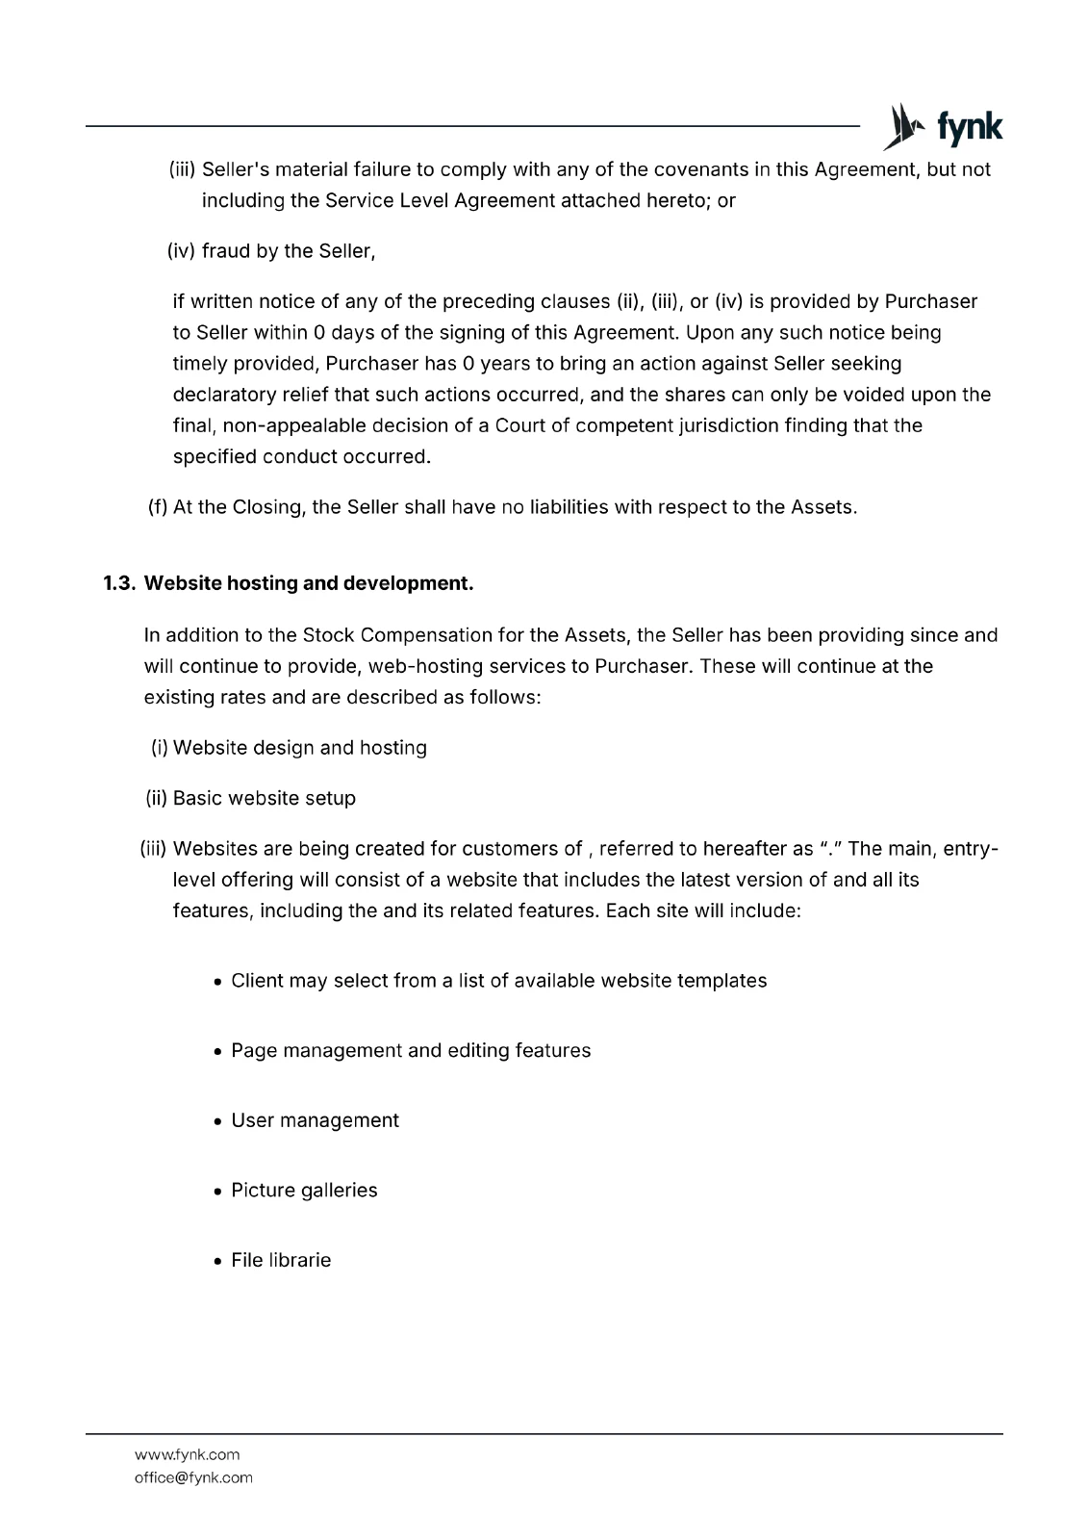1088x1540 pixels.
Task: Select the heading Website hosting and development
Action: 308,583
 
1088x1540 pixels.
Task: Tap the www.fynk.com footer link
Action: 187,1454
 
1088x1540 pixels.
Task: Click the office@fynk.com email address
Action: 193,1477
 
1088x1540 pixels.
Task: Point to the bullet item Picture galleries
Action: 304,1190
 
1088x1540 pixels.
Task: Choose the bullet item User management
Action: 315,1120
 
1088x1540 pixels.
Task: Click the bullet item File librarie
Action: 281,1260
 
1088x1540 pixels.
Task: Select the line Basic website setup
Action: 264,798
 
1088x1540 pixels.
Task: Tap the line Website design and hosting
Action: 299,748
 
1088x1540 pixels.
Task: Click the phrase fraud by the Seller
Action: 287,251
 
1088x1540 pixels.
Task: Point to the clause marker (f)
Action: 158,507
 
